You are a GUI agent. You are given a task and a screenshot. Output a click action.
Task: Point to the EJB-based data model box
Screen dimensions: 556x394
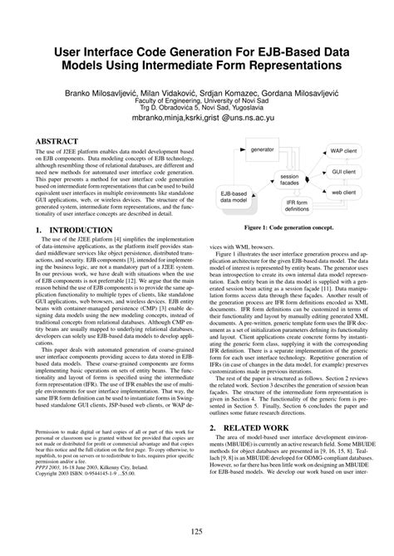(239, 199)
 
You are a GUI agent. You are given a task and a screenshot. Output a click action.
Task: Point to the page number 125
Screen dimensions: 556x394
(196, 532)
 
